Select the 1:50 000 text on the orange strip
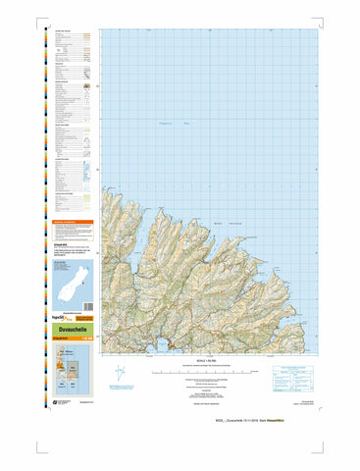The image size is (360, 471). coord(85,340)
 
